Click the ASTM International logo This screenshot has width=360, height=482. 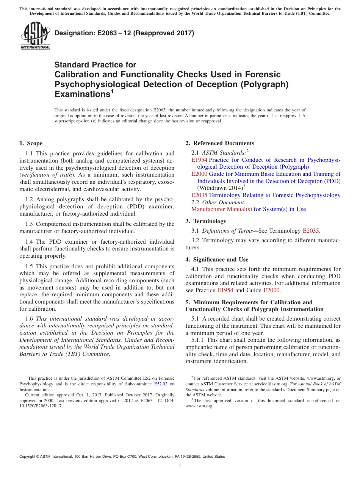[35, 36]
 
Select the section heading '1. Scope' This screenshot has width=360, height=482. [31, 143]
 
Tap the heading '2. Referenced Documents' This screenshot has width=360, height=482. [220, 143]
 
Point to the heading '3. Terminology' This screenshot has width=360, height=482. [206, 221]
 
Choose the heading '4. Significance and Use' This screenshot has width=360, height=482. [217, 260]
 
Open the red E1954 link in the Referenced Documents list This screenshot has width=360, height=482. [199, 160]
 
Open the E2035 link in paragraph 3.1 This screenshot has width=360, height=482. [311, 230]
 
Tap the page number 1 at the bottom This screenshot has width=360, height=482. [180, 466]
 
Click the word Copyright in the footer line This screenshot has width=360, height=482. [28, 457]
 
